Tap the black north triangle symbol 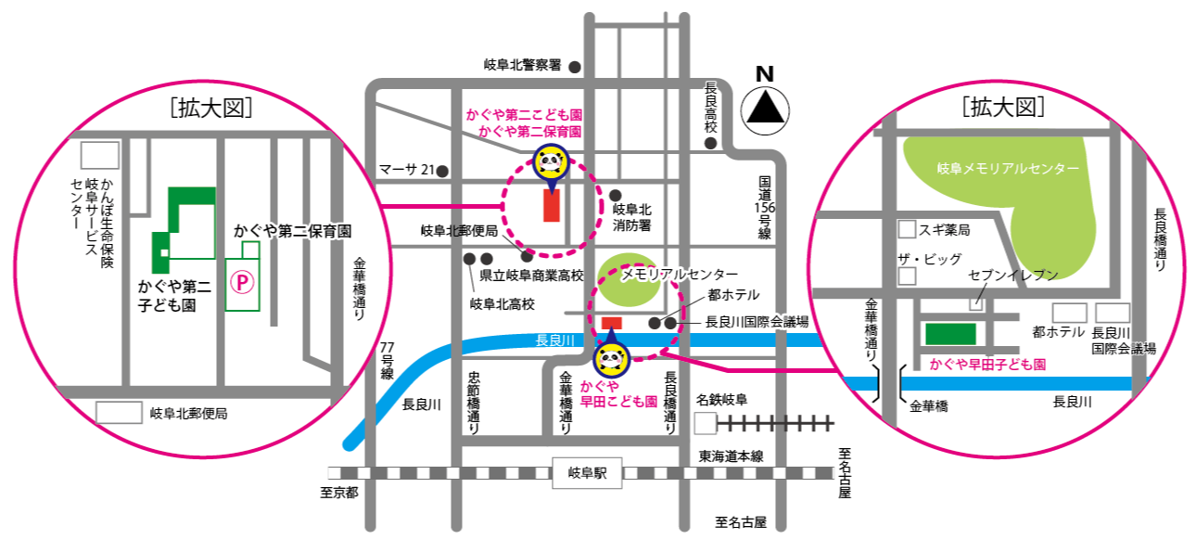tap(766, 110)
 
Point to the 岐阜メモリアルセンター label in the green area tap(1008, 169)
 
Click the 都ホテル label tap(1058, 332)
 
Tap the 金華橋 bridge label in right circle tap(929, 405)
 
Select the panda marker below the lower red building tap(611, 357)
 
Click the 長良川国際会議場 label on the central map tap(757, 322)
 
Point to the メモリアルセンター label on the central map tap(681, 276)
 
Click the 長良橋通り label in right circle tap(1160, 239)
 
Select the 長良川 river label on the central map tap(555, 340)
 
